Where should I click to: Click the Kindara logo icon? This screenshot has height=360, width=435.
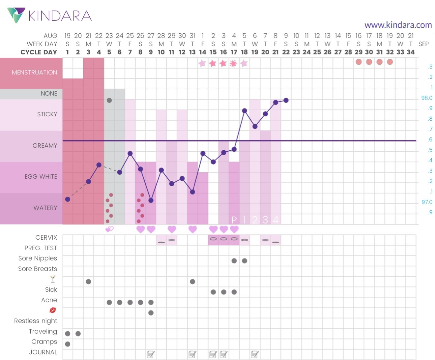point(16,15)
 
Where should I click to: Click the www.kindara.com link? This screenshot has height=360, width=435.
point(398,25)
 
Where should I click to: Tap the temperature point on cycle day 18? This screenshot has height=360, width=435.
point(245,111)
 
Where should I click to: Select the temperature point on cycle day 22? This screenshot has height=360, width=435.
point(286,100)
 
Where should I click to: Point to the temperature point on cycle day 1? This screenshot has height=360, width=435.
point(68,199)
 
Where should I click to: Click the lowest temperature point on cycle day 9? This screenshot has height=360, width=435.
point(151,200)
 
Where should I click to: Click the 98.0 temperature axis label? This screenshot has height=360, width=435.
point(427,98)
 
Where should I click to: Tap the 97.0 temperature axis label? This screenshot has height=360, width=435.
point(427,202)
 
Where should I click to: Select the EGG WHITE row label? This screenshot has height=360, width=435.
point(41,177)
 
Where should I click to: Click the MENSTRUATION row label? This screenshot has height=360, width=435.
point(34,73)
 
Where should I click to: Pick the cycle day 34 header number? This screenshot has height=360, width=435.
point(411,52)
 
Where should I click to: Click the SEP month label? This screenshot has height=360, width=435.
point(423,44)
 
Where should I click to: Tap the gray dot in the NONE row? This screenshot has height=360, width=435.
point(109,100)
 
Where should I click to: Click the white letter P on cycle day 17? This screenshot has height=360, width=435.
point(234,220)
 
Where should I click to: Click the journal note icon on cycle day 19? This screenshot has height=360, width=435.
point(255,354)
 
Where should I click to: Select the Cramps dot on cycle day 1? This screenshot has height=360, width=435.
point(68,344)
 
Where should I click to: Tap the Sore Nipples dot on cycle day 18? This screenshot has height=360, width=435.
point(245,261)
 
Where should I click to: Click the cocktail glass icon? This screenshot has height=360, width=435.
point(53,279)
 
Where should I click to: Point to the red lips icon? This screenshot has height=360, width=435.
point(52,310)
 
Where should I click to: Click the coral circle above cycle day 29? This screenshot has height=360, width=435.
point(359,62)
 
